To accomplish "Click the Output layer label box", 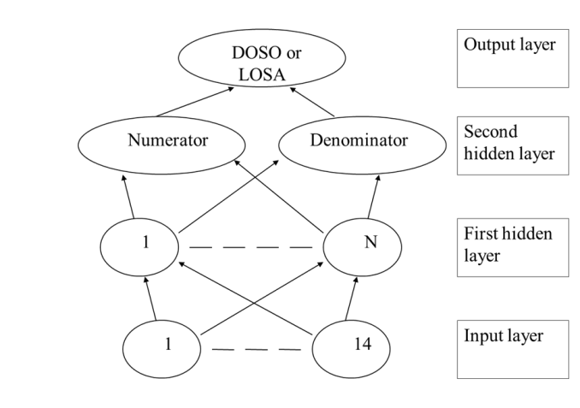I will tap(512, 57).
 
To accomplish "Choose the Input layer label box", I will tap(512, 350).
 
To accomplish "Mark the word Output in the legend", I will tap(484, 44).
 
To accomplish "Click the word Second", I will tap(490, 133).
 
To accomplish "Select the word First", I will tap(479, 234).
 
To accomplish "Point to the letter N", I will tap(370, 242).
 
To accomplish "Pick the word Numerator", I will tap(168, 139).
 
